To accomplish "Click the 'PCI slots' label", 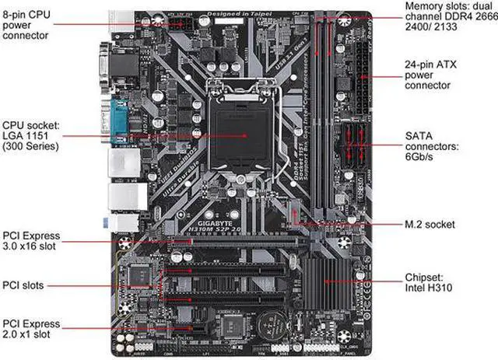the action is click(x=23, y=285).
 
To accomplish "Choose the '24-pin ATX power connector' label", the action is click(x=435, y=75).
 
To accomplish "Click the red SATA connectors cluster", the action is click(x=354, y=145).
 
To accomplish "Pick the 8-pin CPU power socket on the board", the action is click(x=185, y=23).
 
